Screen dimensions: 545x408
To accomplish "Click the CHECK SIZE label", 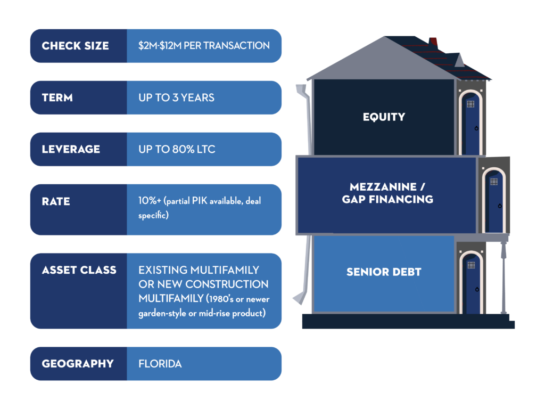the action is [x=75, y=46].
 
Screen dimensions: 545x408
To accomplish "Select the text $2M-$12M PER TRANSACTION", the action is [x=204, y=46].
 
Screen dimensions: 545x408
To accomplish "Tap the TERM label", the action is [x=57, y=98].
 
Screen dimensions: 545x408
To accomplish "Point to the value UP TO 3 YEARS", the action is [x=176, y=98].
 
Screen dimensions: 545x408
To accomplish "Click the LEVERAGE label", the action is [x=71, y=149].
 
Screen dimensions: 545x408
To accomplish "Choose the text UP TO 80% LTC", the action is [x=177, y=149].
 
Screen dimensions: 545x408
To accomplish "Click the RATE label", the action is [x=56, y=201].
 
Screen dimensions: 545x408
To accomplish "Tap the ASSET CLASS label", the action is [x=79, y=270].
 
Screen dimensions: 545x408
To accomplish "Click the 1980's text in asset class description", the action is [x=221, y=299].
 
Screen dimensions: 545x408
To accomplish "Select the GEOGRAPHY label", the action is [x=78, y=364].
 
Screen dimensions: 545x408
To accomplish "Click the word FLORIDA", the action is [x=160, y=364].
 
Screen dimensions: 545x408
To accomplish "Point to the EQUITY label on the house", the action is [x=384, y=117].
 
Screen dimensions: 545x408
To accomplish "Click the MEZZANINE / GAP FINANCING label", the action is [x=387, y=193].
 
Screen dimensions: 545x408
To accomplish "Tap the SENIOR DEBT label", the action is [x=384, y=272].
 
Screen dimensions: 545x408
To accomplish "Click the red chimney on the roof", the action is [x=433, y=42].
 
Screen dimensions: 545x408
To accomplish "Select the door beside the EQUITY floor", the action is [x=470, y=123].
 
